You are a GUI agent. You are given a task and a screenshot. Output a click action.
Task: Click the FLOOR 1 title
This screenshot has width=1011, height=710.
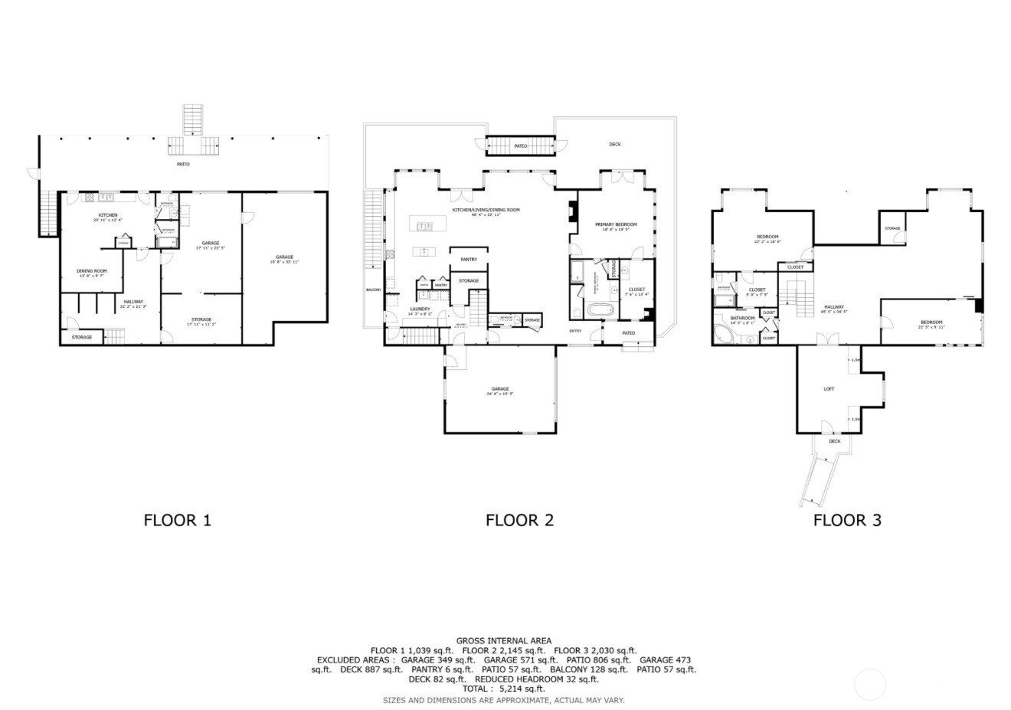pos(177,521)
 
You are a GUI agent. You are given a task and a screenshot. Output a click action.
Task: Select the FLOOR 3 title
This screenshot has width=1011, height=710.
pos(846,521)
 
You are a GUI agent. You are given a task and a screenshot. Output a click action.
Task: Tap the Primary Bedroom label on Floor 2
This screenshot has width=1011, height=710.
pos(616,224)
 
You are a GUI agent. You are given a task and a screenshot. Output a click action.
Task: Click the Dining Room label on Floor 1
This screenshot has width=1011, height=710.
pos(91,271)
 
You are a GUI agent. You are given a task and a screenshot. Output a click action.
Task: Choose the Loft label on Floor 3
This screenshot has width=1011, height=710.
pos(829,389)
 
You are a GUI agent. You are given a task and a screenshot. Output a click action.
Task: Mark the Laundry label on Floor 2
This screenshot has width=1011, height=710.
pos(419,309)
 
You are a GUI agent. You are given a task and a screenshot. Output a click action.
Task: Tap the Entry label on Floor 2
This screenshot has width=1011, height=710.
pos(574,331)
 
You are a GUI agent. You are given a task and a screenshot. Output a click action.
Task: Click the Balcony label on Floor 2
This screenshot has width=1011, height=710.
pos(374,290)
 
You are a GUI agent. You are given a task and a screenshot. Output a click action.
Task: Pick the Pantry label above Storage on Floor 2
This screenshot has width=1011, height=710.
pos(469,260)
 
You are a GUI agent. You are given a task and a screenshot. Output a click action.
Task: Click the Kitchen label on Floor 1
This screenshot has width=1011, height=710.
pos(107,215)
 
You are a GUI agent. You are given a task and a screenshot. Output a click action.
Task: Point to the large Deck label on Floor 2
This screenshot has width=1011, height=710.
pos(615,144)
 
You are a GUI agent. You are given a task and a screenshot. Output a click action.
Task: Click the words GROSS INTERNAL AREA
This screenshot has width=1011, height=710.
pos(503,641)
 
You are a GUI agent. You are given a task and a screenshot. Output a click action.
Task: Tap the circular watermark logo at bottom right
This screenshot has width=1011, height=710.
pos(869,684)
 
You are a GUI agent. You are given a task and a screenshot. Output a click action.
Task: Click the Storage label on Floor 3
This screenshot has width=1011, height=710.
pos(892,228)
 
